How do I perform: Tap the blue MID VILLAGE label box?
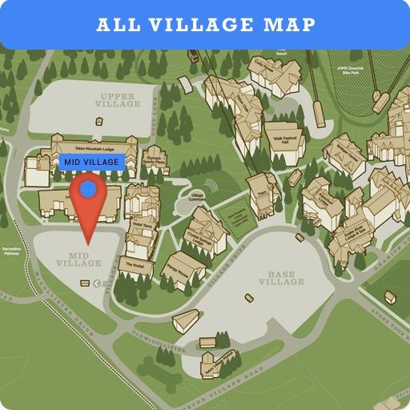pyautogui.click(x=91, y=162)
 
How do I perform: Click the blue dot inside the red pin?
pyautogui.click(x=88, y=190)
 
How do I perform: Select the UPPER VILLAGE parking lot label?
pyautogui.click(x=119, y=99)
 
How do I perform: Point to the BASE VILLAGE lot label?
pyautogui.click(x=281, y=278)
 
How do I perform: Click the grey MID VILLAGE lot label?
pyautogui.click(x=79, y=259)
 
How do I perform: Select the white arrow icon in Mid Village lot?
pyautogui.click(x=96, y=283)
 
